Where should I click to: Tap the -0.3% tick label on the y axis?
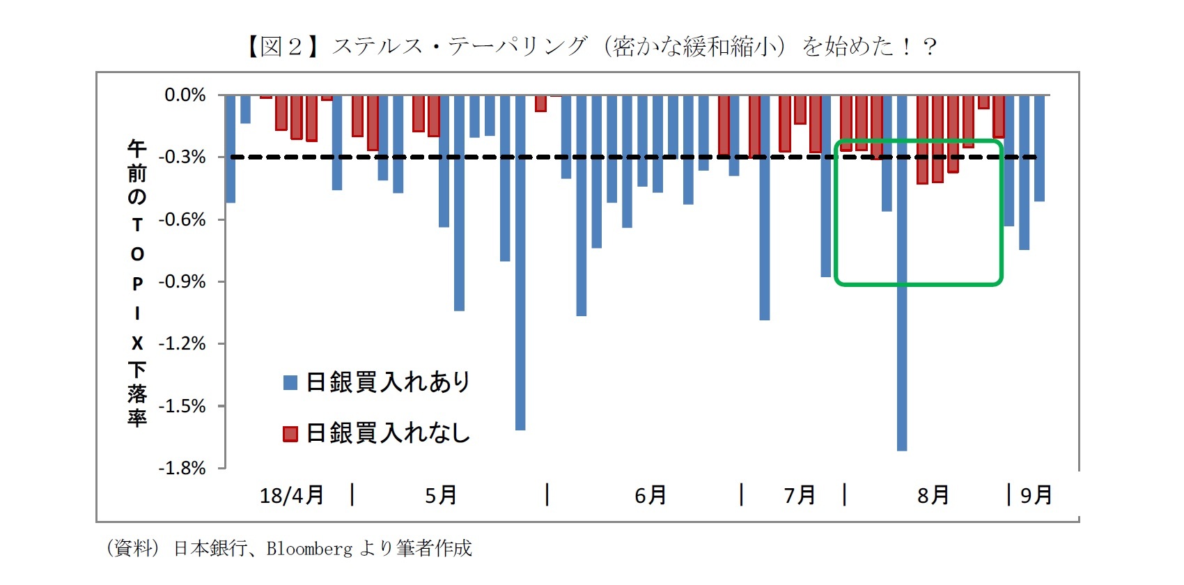[182, 157]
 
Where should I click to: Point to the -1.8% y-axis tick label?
[182, 468]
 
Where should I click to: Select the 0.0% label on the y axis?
[185, 95]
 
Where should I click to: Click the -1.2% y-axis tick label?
[182, 343]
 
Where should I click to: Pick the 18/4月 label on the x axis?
[292, 495]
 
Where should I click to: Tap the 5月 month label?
[441, 495]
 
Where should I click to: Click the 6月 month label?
[651, 495]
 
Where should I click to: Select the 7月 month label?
[800, 495]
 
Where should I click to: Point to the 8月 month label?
[933, 495]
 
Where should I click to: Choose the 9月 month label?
[1036, 495]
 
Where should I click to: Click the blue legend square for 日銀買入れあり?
[290, 382]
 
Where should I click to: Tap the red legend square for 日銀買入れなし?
[290, 434]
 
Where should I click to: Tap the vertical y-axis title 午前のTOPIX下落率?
[137, 282]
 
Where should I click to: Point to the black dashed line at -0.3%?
[488, 157]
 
